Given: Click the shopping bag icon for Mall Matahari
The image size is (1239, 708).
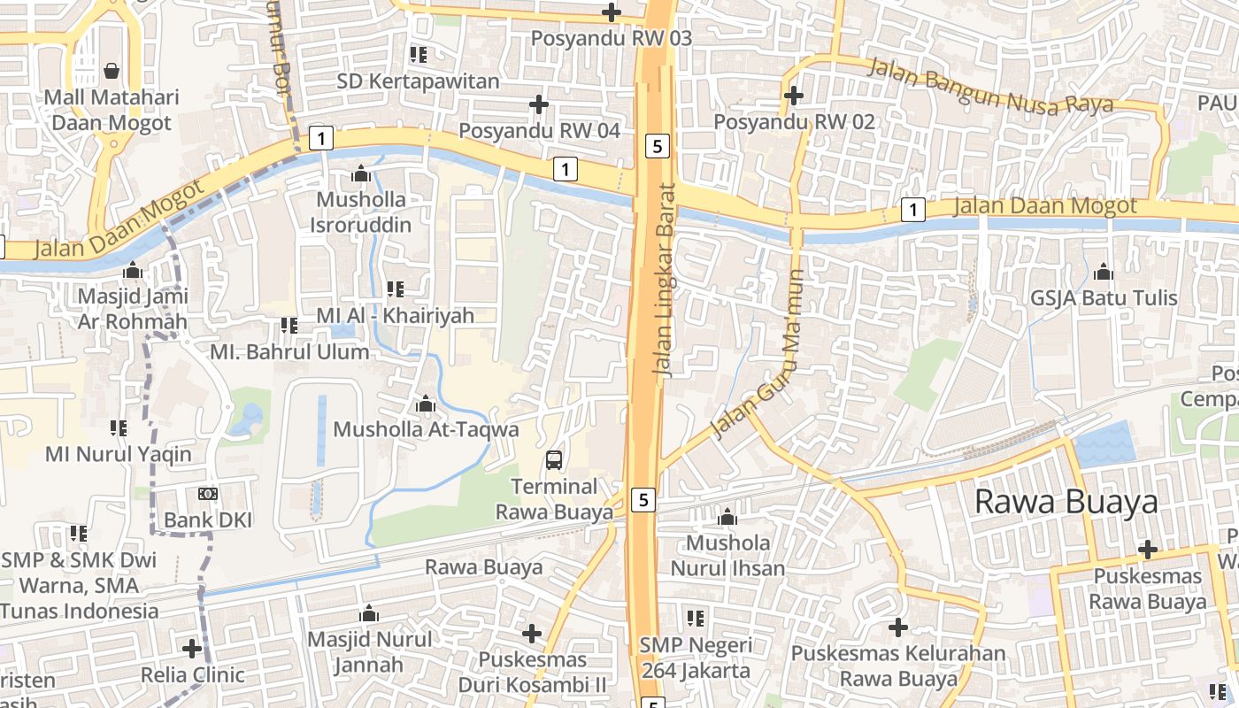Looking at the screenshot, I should (x=112, y=69).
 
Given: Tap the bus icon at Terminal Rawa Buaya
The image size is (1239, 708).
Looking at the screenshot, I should (x=553, y=459).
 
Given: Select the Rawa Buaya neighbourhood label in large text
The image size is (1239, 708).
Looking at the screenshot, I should (x=1066, y=502).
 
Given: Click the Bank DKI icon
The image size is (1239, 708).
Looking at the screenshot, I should (x=208, y=494).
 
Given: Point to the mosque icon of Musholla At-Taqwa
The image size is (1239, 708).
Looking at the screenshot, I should (x=426, y=404).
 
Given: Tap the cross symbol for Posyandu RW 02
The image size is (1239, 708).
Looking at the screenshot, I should (x=794, y=95).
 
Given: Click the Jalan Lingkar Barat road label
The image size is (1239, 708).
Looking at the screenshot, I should (x=665, y=280).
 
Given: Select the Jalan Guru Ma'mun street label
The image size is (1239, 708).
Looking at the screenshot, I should (x=759, y=354).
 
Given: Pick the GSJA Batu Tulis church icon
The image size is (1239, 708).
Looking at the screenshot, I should (x=1104, y=272).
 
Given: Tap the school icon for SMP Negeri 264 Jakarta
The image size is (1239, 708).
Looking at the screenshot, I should (x=696, y=618).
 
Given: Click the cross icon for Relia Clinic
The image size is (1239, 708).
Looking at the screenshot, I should (x=192, y=649).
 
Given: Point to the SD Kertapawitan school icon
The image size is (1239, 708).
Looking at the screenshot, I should (x=419, y=55).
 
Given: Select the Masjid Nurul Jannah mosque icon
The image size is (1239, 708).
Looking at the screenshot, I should (x=369, y=613).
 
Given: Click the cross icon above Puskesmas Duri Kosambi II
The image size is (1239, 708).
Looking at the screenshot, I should (x=531, y=633).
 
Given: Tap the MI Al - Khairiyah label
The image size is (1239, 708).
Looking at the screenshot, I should (x=396, y=315).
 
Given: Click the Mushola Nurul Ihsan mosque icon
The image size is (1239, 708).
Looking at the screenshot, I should (x=727, y=517).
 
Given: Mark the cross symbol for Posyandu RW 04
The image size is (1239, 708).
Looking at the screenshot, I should (x=538, y=104).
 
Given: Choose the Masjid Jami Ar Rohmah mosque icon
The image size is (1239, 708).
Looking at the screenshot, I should (x=134, y=270).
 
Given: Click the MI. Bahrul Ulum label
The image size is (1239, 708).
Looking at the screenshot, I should (x=289, y=351).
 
